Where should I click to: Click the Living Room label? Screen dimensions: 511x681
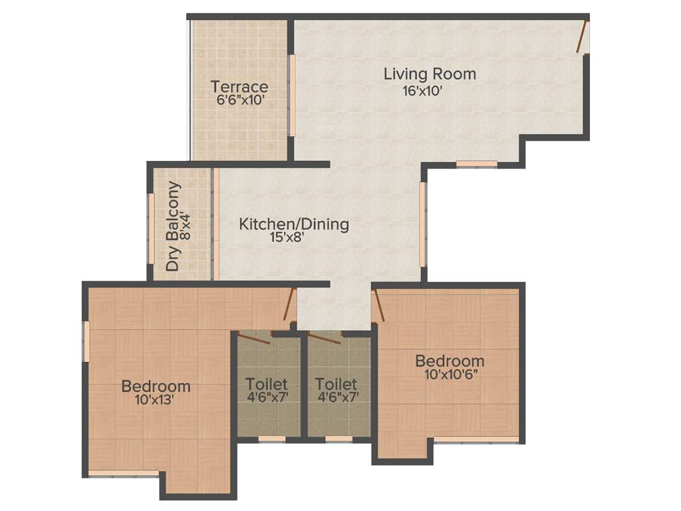click(x=430, y=74)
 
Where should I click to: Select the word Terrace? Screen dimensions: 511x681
click(x=239, y=86)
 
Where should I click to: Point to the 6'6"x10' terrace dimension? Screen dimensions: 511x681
click(x=241, y=100)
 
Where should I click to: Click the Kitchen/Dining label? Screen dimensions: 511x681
click(x=294, y=224)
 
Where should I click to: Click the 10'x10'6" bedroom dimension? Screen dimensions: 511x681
click(x=450, y=375)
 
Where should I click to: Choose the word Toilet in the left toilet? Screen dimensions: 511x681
click(x=266, y=385)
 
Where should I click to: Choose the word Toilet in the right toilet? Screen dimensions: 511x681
click(x=336, y=385)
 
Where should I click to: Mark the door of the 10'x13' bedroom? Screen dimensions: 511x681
click(x=288, y=305)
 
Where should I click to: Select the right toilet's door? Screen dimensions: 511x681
click(x=325, y=337)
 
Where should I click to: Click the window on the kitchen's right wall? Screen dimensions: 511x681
click(x=422, y=224)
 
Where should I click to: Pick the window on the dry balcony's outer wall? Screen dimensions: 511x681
click(x=151, y=224)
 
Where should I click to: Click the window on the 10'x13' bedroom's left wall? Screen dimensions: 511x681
click(x=86, y=341)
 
